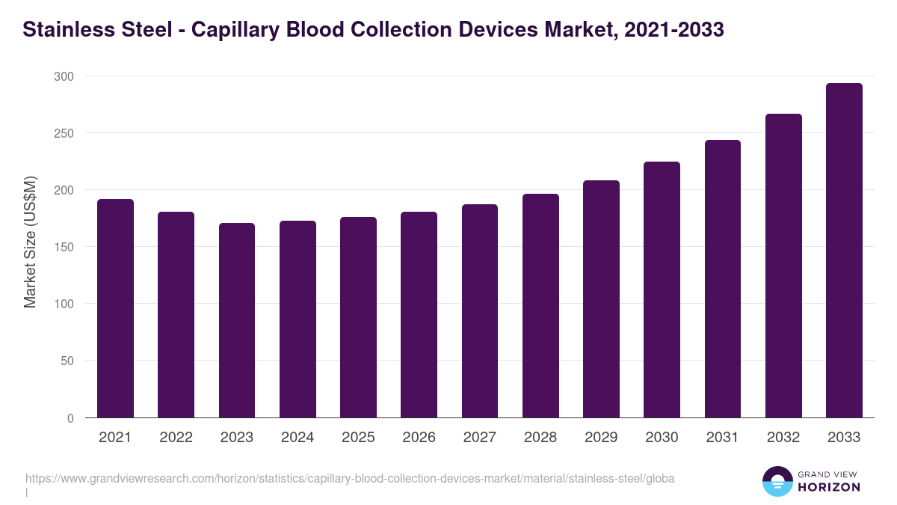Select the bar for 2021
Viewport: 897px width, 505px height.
pos(115,308)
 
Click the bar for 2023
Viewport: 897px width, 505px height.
pos(237,320)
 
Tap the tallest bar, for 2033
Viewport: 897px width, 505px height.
pos(844,251)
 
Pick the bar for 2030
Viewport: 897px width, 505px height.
pos(662,290)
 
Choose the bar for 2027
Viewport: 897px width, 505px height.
pos(480,310)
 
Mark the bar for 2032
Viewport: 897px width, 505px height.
pos(783,266)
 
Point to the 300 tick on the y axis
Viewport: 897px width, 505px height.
pos(64,76)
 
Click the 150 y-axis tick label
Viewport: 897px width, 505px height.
pos(64,247)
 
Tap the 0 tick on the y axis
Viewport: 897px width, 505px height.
pos(70,418)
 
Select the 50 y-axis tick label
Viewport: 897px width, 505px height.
pos(67,361)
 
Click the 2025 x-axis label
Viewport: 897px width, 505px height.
pos(358,438)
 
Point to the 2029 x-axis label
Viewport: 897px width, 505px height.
pos(601,438)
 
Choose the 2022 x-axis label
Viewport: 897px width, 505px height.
pos(176,438)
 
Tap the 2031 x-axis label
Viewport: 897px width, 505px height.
pos(722,438)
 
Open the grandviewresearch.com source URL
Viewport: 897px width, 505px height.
pos(350,479)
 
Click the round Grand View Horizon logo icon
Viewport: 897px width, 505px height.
pos(777,481)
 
